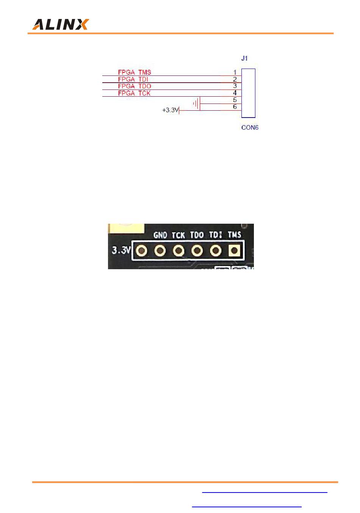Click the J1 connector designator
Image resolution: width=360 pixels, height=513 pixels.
(x=244, y=58)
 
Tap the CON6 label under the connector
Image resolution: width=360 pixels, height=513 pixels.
(x=250, y=127)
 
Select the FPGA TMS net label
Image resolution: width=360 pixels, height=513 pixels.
(x=135, y=72)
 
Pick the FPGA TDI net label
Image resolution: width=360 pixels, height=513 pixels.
(x=133, y=79)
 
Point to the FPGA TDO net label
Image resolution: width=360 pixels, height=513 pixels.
(x=135, y=86)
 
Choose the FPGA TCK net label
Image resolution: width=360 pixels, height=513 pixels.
(x=134, y=93)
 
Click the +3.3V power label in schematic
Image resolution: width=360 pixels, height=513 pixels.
(x=170, y=110)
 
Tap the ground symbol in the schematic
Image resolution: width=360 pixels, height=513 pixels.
(x=196, y=104)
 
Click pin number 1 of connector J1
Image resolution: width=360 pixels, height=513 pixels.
(x=235, y=72)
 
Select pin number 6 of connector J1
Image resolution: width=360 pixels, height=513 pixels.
(x=235, y=107)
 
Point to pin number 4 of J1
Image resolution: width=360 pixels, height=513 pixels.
(x=235, y=93)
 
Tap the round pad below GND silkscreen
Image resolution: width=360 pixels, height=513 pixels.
(x=160, y=251)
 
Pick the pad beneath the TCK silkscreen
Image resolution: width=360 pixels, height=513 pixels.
(x=178, y=251)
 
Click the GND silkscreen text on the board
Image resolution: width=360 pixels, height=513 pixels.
(x=160, y=235)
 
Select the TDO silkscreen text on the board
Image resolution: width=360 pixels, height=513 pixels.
(x=197, y=235)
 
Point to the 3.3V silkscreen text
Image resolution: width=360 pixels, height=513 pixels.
(x=121, y=251)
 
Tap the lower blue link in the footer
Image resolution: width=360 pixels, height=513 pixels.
(x=247, y=506)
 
